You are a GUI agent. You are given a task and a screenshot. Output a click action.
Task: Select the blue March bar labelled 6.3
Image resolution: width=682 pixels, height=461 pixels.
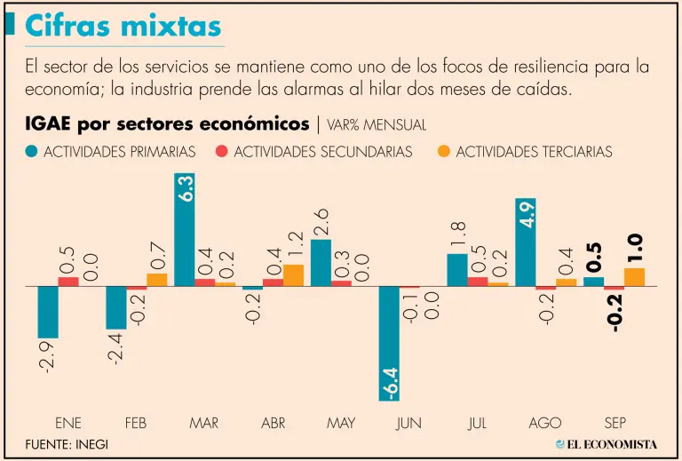[x=185, y=229]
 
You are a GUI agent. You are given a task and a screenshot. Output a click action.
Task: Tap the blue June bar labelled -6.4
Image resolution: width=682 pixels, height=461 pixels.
[x=389, y=343]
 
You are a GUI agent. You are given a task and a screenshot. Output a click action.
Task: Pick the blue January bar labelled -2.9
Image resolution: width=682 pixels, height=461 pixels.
[x=48, y=312]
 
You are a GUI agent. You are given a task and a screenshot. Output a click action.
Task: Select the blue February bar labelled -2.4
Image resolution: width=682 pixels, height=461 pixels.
[x=116, y=307]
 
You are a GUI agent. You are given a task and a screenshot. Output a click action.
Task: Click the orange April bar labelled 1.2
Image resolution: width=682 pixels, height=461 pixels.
[x=293, y=275]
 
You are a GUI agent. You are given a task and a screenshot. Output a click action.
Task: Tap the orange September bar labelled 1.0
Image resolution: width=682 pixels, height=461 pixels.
[x=634, y=277]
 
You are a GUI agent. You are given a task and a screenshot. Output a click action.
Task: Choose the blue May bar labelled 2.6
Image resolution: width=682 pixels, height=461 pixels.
[x=321, y=262]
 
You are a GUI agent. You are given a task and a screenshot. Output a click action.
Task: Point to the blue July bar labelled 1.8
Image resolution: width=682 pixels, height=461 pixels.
[x=456, y=269]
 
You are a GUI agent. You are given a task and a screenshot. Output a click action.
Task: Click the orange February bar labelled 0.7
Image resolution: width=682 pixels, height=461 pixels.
[x=157, y=280]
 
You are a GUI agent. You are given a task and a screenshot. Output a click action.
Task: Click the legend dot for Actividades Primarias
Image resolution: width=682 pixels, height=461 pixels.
[x=33, y=152]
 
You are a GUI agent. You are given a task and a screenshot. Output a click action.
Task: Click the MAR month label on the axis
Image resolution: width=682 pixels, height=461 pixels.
[x=203, y=424]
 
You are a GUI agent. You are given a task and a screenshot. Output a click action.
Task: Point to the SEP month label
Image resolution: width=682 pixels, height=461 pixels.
[x=613, y=424]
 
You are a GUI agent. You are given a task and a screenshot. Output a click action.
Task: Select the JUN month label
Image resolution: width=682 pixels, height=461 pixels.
[x=408, y=424]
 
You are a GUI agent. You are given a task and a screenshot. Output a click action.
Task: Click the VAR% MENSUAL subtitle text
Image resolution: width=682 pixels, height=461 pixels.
[x=376, y=125]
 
